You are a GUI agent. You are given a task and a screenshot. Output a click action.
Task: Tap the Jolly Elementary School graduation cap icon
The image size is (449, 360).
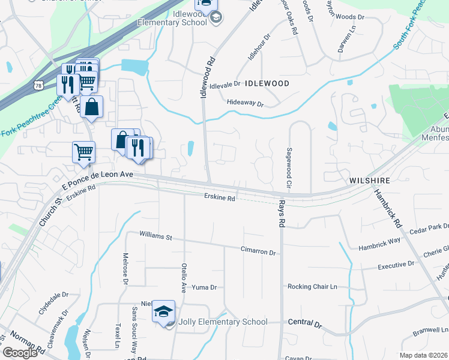[163, 312]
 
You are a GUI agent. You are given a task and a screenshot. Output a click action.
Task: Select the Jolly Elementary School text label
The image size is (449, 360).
[222, 322]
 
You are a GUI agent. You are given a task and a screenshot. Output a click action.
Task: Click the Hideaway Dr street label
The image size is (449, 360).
[245, 104]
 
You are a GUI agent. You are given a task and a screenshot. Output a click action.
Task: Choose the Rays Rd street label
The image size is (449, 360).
[280, 214]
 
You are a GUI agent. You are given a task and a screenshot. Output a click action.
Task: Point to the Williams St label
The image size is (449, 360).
[155, 236]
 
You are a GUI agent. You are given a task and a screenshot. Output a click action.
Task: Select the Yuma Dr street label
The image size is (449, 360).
[203, 287]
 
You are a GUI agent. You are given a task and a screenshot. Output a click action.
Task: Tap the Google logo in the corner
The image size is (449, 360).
[20, 352]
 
